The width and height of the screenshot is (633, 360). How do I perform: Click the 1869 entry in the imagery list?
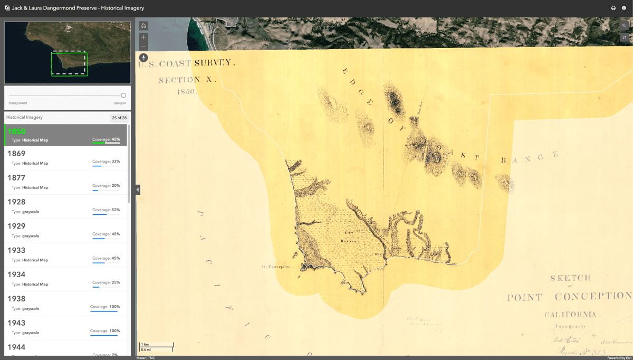click(65, 158)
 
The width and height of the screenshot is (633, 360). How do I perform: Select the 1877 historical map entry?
click(65, 182)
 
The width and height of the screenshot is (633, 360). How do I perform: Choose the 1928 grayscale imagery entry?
click(65, 206)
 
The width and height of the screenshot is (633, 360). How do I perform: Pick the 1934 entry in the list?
click(65, 279)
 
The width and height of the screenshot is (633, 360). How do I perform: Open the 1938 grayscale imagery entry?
click(65, 303)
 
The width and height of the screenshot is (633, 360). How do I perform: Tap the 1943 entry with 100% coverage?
click(65, 327)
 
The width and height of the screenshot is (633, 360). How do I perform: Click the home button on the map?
click(143, 26)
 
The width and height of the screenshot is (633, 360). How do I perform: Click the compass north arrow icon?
click(143, 58)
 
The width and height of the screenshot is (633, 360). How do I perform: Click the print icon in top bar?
click(613, 8)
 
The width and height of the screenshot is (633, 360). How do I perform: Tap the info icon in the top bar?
click(624, 8)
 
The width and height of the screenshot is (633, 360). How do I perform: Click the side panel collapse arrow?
click(138, 190)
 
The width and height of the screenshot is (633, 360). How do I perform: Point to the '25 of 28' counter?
click(119, 118)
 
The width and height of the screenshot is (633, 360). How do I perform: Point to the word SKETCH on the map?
click(570, 278)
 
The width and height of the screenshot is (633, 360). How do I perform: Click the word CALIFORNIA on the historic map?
click(570, 315)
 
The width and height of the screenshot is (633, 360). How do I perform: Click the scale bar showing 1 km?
click(156, 347)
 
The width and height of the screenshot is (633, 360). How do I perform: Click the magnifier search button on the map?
click(625, 26)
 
